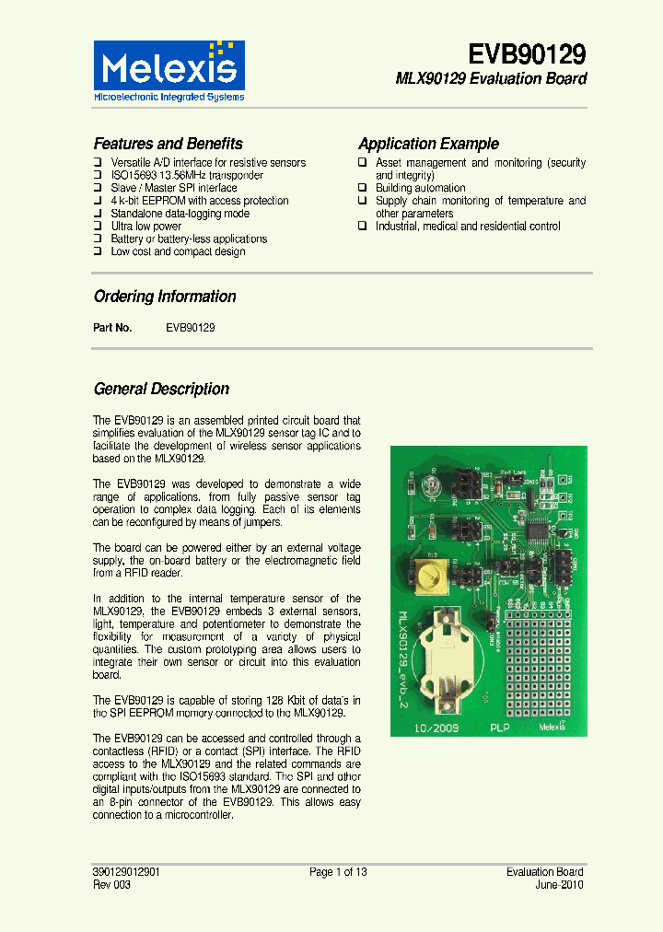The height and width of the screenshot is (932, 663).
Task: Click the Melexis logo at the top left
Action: (169, 70)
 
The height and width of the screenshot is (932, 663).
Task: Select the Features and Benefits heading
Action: (168, 144)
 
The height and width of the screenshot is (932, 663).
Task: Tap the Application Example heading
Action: (428, 144)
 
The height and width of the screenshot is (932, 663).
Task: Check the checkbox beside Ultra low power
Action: (98, 226)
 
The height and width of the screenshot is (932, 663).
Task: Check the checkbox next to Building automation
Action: (363, 188)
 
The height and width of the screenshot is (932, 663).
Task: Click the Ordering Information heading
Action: (165, 297)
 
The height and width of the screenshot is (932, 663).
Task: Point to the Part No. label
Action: (112, 328)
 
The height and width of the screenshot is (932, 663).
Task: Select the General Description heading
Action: (161, 389)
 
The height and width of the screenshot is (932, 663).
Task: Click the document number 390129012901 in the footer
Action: (133, 871)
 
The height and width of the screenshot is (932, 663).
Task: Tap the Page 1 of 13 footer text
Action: (338, 871)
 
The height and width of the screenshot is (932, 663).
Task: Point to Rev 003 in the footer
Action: (112, 885)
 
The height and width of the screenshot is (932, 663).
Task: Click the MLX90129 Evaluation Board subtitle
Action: (491, 79)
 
